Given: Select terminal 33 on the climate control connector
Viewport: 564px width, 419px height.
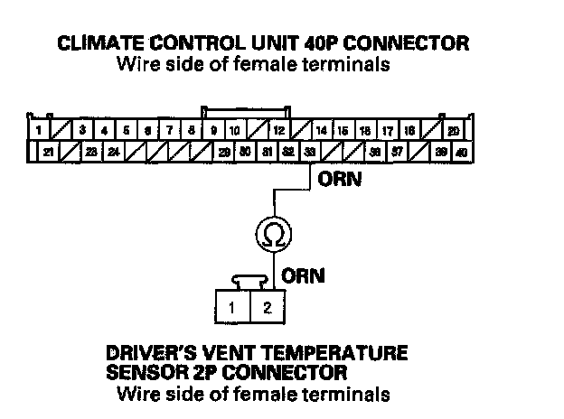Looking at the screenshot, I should click(310, 153).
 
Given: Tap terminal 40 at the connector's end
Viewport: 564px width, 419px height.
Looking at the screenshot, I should click(462, 153).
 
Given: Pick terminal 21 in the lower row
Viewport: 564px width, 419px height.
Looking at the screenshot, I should click(48, 153).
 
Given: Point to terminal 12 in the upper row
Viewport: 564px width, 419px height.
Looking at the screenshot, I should click(280, 132).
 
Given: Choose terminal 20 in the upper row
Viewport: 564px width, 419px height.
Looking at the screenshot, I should click(453, 132).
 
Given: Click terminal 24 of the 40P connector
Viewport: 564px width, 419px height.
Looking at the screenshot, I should click(113, 153).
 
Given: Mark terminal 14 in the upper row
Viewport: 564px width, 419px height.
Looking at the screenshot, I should click(321, 132).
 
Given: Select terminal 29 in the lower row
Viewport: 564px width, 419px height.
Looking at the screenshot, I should click(223, 153).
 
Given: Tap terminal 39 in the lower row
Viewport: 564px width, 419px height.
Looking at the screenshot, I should click(440, 153).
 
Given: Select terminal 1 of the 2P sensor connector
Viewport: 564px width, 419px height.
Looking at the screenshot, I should click(232, 307).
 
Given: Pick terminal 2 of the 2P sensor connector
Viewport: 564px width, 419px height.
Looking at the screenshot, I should click(268, 307).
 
